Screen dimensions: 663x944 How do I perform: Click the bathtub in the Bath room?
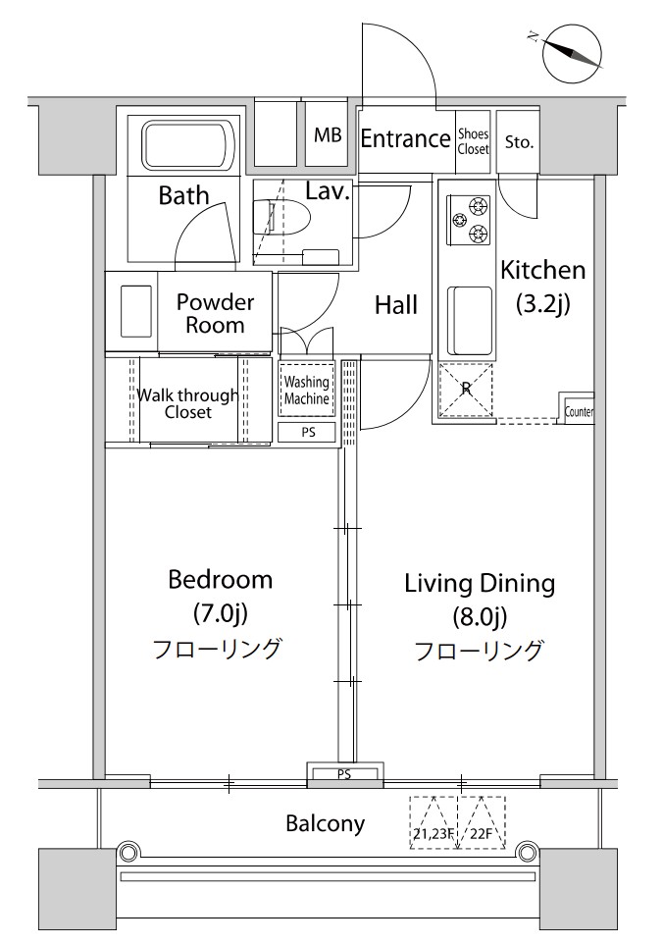pos(186,145)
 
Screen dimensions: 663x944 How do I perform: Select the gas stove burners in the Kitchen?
pos(468,220)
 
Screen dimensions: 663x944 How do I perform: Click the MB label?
pos(328,135)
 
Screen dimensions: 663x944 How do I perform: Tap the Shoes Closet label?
pos(473,141)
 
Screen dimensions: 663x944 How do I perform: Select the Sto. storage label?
pos(519,142)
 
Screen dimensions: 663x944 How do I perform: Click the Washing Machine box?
pos(306,390)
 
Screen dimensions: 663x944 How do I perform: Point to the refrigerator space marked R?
pos(466,390)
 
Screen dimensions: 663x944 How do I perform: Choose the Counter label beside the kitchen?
pos(579,412)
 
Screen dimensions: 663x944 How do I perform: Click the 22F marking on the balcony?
pos(482,834)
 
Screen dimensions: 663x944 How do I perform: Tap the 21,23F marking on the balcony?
pos(433,834)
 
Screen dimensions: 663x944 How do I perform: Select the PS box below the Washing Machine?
pos(308,433)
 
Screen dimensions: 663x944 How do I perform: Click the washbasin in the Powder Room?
pos(136,311)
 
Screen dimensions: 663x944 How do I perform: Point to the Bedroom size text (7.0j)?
pos(221,613)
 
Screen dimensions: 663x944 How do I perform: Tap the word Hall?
pos(396,305)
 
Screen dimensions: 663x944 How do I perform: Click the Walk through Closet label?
pos(187,403)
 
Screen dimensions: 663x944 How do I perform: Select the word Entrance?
pos(405,139)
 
